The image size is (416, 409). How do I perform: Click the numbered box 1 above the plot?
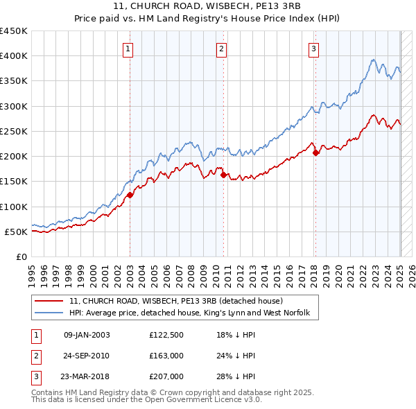click(130, 49)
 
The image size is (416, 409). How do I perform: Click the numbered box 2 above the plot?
click(221, 49)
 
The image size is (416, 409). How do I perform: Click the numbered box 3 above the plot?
click(314, 49)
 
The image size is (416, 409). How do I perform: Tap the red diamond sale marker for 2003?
click(130, 195)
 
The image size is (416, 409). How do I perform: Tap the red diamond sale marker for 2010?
click(223, 175)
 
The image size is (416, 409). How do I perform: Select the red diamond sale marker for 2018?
click(315, 153)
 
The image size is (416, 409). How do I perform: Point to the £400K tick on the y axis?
click(15, 56)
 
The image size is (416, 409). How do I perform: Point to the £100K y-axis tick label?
click(15, 207)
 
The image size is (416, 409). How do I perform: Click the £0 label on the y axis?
click(21, 257)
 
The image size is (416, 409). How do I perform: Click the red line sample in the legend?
click(49, 302)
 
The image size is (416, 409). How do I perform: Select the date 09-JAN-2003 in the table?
click(87, 334)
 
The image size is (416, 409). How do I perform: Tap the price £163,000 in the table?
click(166, 356)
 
